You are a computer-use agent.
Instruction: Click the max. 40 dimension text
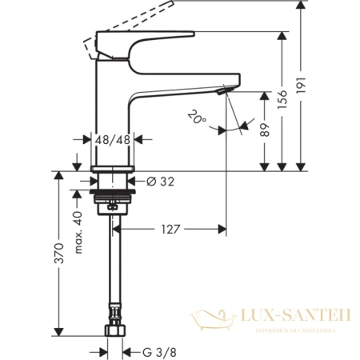pyautogui.click(x=80, y=231)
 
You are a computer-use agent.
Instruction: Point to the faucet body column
pyautogui.click(x=112, y=104)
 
